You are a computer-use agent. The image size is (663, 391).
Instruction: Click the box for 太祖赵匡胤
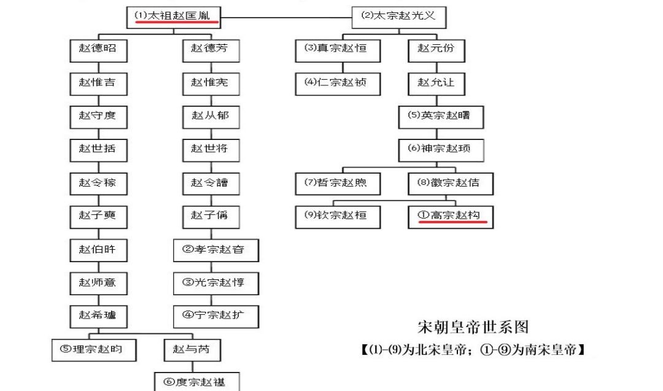(174, 16)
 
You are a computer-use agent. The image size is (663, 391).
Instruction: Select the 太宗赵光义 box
(398, 17)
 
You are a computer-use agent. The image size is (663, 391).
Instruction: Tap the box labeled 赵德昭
(98, 50)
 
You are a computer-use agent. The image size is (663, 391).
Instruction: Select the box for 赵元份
(436, 49)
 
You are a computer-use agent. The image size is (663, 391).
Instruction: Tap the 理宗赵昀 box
(93, 349)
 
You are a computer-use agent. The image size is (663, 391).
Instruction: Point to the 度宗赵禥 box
(197, 382)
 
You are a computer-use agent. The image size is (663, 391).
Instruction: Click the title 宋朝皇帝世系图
(473, 327)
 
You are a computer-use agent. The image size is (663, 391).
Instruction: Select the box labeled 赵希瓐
(98, 316)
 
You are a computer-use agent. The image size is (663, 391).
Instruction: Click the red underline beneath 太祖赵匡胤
(176, 25)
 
